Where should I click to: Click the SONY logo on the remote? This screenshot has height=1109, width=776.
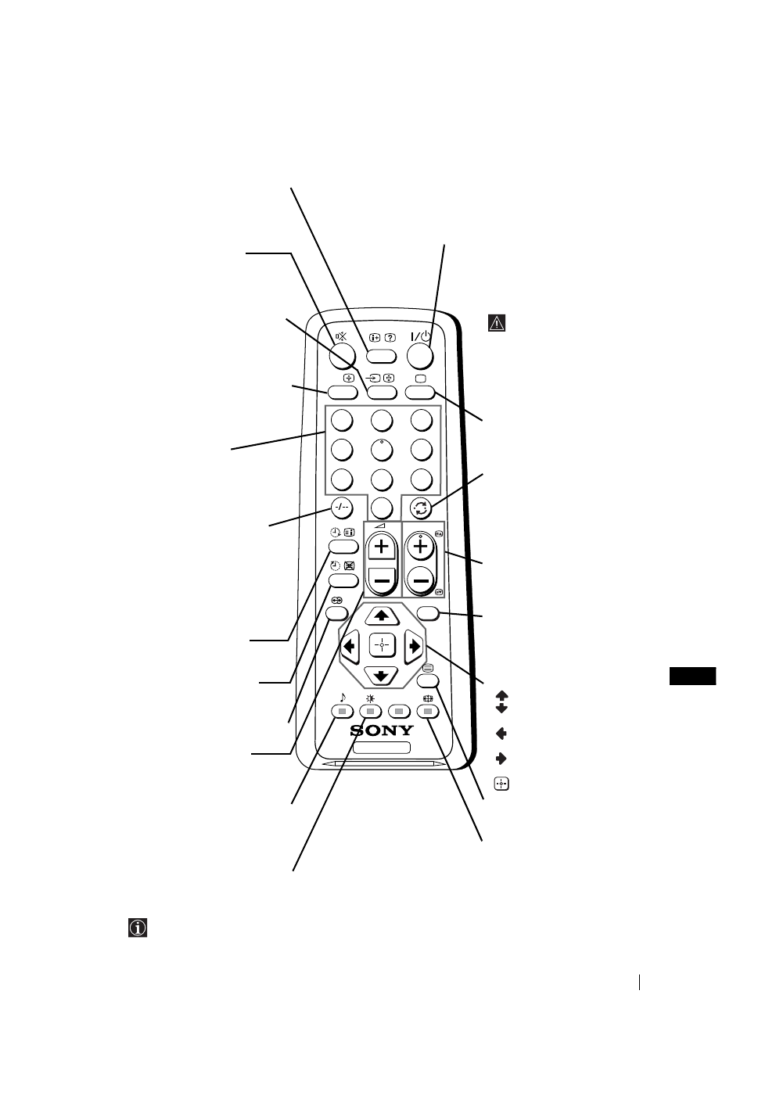382,731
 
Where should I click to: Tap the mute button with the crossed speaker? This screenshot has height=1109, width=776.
342,356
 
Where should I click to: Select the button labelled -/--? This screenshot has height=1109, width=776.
341,507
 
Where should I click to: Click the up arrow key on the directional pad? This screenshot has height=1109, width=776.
382,615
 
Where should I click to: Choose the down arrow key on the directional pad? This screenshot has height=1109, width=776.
382,675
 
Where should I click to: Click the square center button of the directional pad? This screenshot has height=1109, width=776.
382,645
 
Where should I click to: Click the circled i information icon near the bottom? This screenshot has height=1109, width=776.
138,928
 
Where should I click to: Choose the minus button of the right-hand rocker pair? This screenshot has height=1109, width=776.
421,580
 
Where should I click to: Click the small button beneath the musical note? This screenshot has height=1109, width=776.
341,712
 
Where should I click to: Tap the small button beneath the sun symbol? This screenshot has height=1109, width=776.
370,712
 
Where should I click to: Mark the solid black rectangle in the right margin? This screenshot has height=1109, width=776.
694,676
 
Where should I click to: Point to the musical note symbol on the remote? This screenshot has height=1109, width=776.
342,697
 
